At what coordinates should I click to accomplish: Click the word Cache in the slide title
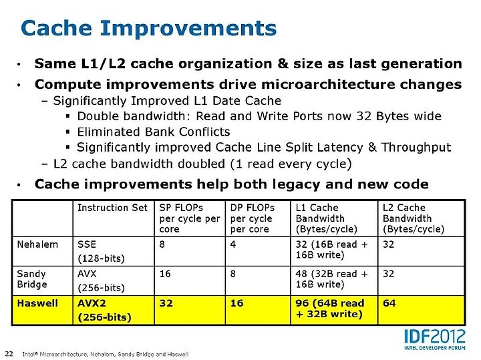(x=56, y=28)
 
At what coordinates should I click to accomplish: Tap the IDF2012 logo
(x=435, y=340)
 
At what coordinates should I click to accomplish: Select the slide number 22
(x=9, y=353)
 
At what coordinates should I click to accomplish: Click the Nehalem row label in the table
(x=37, y=244)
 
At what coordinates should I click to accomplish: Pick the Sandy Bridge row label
(x=32, y=279)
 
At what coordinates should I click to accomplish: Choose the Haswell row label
(x=37, y=303)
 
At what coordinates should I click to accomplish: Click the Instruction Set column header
(x=113, y=208)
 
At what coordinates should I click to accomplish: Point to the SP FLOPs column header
(x=190, y=218)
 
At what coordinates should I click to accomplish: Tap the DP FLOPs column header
(x=253, y=218)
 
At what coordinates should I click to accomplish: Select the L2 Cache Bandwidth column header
(x=414, y=218)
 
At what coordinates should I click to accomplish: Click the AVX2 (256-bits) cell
(x=104, y=310)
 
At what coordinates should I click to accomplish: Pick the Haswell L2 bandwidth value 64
(x=389, y=303)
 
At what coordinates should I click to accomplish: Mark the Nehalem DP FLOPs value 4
(x=233, y=244)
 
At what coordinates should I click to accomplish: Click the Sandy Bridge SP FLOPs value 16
(x=165, y=274)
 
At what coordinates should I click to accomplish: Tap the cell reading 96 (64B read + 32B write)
(x=330, y=309)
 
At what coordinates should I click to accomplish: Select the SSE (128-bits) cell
(x=102, y=251)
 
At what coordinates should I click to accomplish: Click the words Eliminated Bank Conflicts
(x=154, y=132)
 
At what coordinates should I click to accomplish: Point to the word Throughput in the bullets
(x=416, y=148)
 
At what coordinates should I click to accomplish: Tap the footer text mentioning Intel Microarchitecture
(x=106, y=354)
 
